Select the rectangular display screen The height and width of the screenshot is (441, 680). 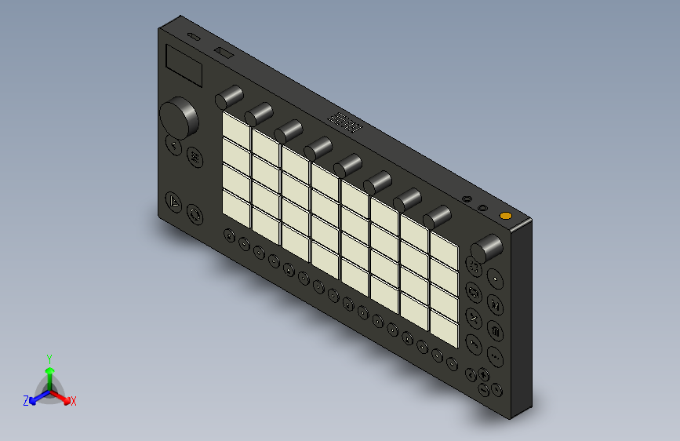point(184,66)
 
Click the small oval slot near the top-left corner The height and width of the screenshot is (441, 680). point(193,37)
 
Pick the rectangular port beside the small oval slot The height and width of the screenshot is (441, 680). point(224,53)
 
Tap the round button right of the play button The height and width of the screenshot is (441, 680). point(195,213)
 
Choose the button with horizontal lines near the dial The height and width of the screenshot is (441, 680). point(194,159)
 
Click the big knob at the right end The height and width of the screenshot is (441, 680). point(487,248)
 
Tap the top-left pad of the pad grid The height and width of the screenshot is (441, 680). point(235,126)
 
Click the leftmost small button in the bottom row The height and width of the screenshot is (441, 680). point(228,235)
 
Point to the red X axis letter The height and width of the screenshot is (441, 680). point(74,401)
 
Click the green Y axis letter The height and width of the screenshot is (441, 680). point(49,357)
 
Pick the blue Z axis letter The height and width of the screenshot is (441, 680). point(26,401)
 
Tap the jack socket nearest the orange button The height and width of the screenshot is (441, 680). point(483,208)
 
